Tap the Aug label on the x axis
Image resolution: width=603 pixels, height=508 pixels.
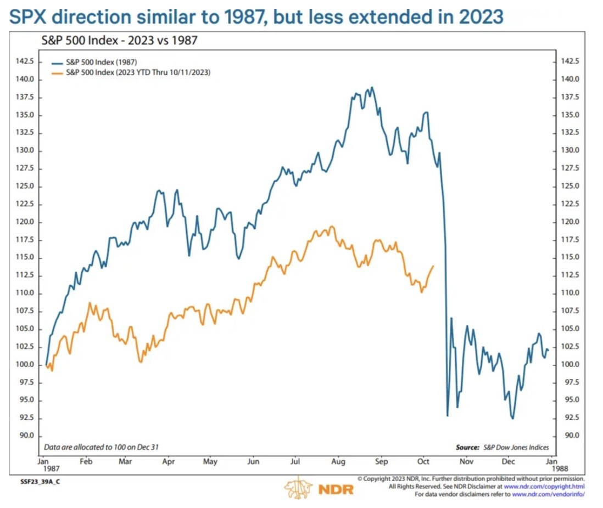(x=339, y=462)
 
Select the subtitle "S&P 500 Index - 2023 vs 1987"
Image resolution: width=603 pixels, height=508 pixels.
(x=120, y=41)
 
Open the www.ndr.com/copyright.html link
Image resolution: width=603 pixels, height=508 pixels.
(x=544, y=487)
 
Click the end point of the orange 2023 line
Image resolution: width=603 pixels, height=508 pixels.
(x=434, y=266)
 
